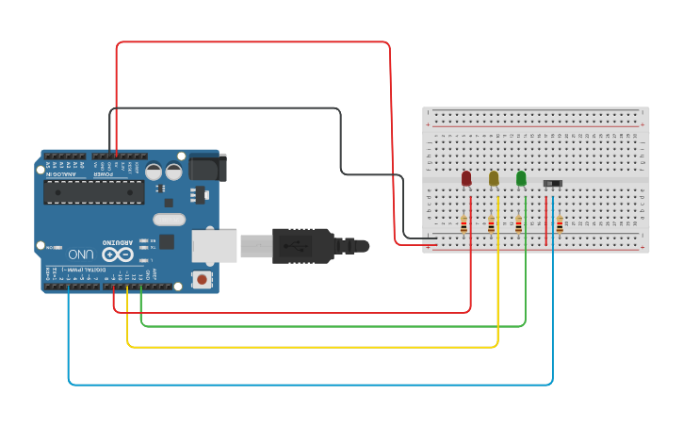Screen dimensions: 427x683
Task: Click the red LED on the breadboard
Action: point(466,178)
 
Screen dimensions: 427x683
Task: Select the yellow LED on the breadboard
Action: point(494,178)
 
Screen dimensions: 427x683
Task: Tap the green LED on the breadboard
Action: point(521,178)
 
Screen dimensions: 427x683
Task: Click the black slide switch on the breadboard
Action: point(553,183)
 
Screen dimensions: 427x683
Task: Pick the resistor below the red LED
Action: point(463,224)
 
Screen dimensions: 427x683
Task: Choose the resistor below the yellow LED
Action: point(491,224)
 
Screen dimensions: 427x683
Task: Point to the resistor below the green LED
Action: point(518,224)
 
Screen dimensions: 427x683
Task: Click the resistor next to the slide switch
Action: point(560,224)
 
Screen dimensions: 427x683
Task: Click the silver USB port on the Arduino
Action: point(214,245)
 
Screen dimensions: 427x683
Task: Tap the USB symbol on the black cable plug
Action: point(300,247)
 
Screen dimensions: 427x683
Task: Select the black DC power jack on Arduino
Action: point(206,167)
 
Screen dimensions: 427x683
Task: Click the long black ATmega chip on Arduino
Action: point(94,192)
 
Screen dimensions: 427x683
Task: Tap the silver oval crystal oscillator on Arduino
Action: point(168,220)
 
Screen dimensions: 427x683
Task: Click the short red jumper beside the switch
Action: point(545,221)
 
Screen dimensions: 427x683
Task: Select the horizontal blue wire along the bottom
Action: point(311,385)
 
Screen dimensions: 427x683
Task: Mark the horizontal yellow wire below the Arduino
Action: point(311,348)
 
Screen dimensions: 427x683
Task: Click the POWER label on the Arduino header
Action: point(105,173)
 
